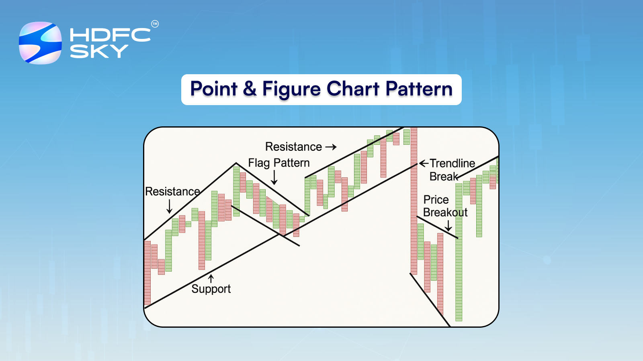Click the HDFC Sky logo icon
click(x=40, y=43)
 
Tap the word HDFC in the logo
click(x=110, y=35)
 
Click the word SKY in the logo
click(x=99, y=51)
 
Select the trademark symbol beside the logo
click(x=155, y=24)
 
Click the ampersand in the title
click(x=250, y=89)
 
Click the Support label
click(x=211, y=289)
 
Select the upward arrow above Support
click(x=211, y=278)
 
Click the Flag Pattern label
click(x=279, y=163)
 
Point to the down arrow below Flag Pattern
click(x=274, y=177)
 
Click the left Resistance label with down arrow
click(x=172, y=192)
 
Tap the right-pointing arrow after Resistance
click(x=331, y=147)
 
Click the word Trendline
click(x=452, y=163)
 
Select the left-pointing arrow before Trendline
click(x=424, y=163)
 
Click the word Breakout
click(x=445, y=213)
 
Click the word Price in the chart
click(x=436, y=200)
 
